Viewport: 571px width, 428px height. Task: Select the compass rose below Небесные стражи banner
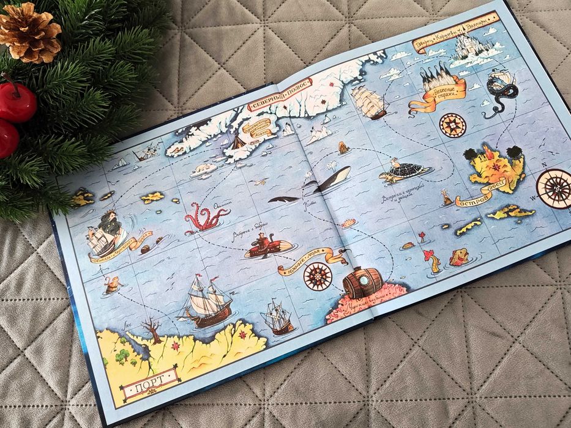[x=452, y=125]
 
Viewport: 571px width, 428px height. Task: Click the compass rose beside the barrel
[x=317, y=276]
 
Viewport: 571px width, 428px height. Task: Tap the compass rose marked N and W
[x=554, y=187]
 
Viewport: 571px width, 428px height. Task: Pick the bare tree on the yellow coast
[x=152, y=330]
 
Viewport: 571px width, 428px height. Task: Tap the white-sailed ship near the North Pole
[x=369, y=101]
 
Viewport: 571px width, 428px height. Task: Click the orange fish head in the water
[x=457, y=257]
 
